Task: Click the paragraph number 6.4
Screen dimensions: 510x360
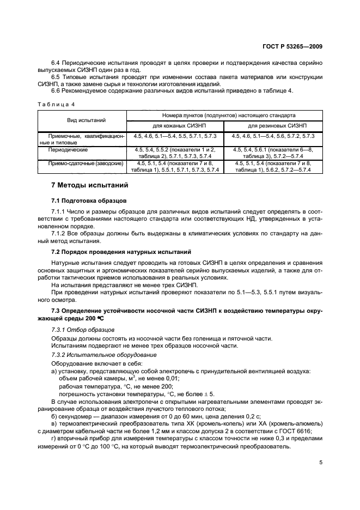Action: (x=56, y=63)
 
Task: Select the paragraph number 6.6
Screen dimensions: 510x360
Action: (x=56, y=90)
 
